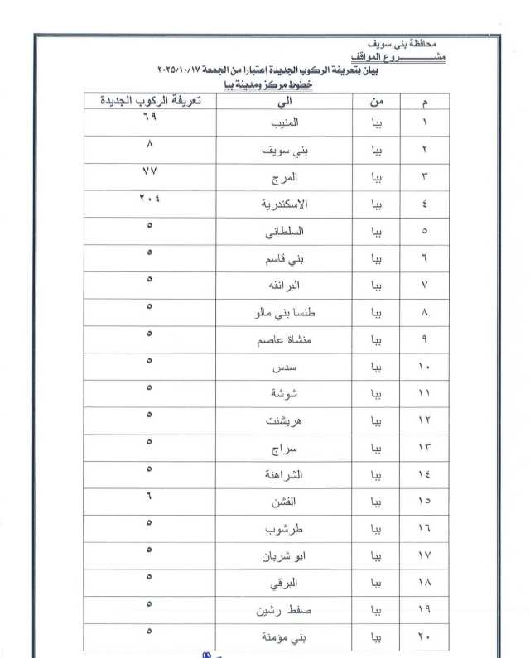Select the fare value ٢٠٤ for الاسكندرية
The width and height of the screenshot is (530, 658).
(x=150, y=199)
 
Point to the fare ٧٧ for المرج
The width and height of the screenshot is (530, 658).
(x=150, y=171)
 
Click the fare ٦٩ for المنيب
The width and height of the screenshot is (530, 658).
(x=150, y=118)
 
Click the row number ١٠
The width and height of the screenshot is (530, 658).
(x=424, y=367)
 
